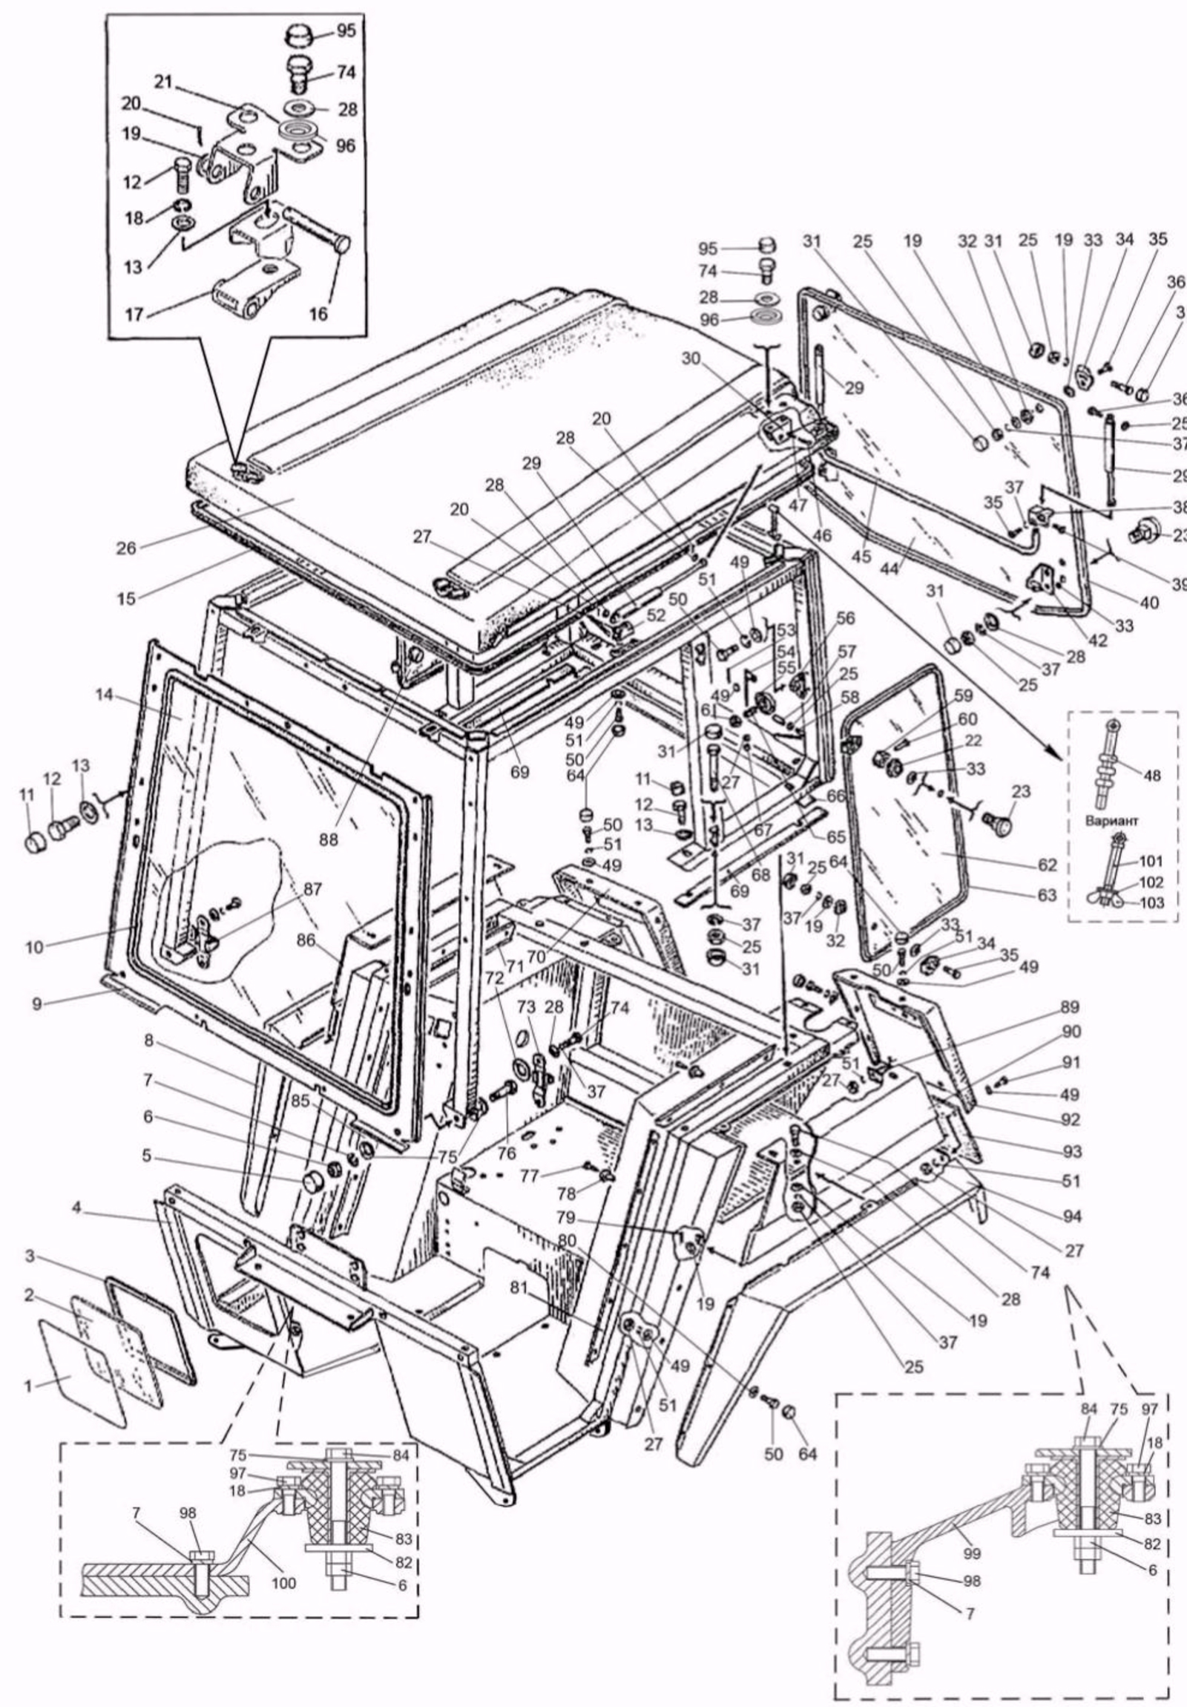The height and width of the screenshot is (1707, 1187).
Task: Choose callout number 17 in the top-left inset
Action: click(134, 314)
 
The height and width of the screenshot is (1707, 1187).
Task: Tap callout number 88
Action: click(329, 839)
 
